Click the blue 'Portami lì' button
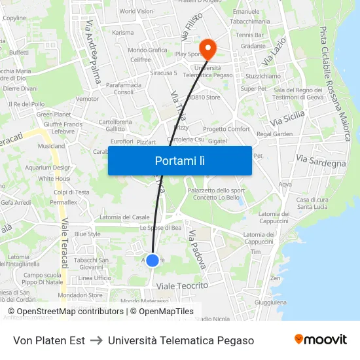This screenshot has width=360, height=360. coord(179,160)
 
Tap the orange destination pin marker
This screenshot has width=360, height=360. coord(208,47)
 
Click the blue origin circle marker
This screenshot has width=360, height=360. coord(153,261)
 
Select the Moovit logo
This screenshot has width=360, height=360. coord(321,340)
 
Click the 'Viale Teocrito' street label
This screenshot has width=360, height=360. coord(182,286)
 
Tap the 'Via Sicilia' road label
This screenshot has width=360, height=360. coord(287,119)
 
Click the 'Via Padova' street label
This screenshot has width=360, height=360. coord(197,249)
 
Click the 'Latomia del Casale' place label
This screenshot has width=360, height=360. coord(124,217)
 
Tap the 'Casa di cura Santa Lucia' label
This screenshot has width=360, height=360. coord(312,203)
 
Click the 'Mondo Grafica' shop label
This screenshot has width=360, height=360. coord(147,50)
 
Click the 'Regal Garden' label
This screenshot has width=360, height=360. coord(275,134)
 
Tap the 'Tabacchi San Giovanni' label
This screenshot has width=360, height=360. coord(92,263)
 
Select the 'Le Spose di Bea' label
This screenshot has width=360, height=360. coord(160,228)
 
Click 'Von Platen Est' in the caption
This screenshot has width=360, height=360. coord(49,340)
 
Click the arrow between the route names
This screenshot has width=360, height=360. coord(96,340)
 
